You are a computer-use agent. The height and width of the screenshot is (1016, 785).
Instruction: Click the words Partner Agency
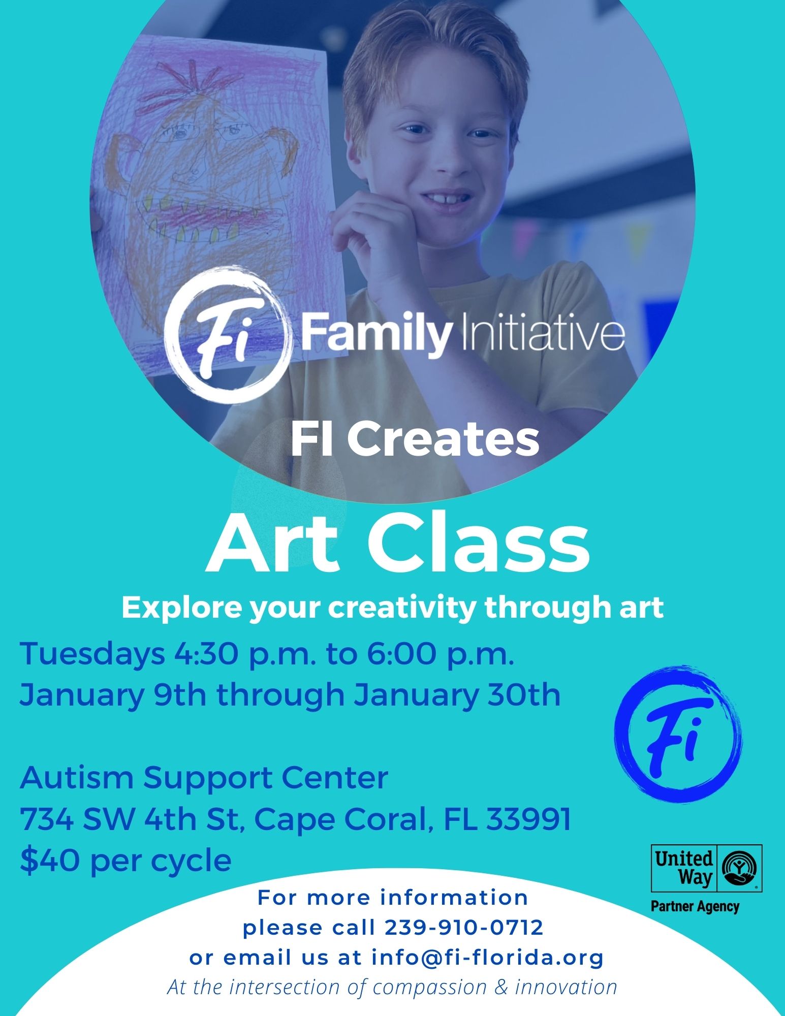pos(695,906)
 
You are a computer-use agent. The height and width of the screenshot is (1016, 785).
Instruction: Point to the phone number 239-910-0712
pos(464,928)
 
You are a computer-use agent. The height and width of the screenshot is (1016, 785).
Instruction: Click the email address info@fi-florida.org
pos(487,958)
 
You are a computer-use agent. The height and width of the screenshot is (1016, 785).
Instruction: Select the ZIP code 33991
pos(528,819)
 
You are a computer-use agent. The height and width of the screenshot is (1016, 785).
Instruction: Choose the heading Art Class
pos(397,544)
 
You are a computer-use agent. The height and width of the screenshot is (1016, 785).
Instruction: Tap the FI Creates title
pos(415,440)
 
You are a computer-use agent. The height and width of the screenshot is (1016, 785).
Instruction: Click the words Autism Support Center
pos(204,778)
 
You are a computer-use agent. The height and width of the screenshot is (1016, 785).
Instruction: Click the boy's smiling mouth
pos(445,196)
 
